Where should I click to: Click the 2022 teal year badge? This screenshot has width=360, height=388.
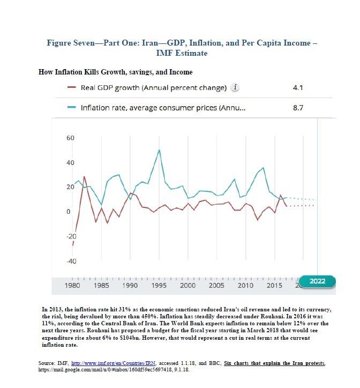317,281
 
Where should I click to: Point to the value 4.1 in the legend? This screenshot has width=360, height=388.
299,88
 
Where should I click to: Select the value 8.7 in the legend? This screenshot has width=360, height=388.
299,108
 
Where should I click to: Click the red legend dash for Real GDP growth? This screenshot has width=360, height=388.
72,88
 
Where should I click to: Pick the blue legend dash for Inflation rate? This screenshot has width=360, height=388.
72,108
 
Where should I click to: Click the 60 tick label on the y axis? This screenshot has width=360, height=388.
70,138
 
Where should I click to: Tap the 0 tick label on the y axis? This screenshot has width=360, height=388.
68,212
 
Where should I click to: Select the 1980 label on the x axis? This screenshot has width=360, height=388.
72,286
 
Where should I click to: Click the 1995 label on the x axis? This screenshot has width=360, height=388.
159,286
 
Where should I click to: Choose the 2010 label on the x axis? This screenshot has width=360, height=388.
245,286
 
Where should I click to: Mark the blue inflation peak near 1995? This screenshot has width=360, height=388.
159,150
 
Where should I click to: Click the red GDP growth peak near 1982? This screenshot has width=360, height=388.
84,176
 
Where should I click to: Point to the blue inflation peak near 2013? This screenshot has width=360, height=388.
263,168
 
